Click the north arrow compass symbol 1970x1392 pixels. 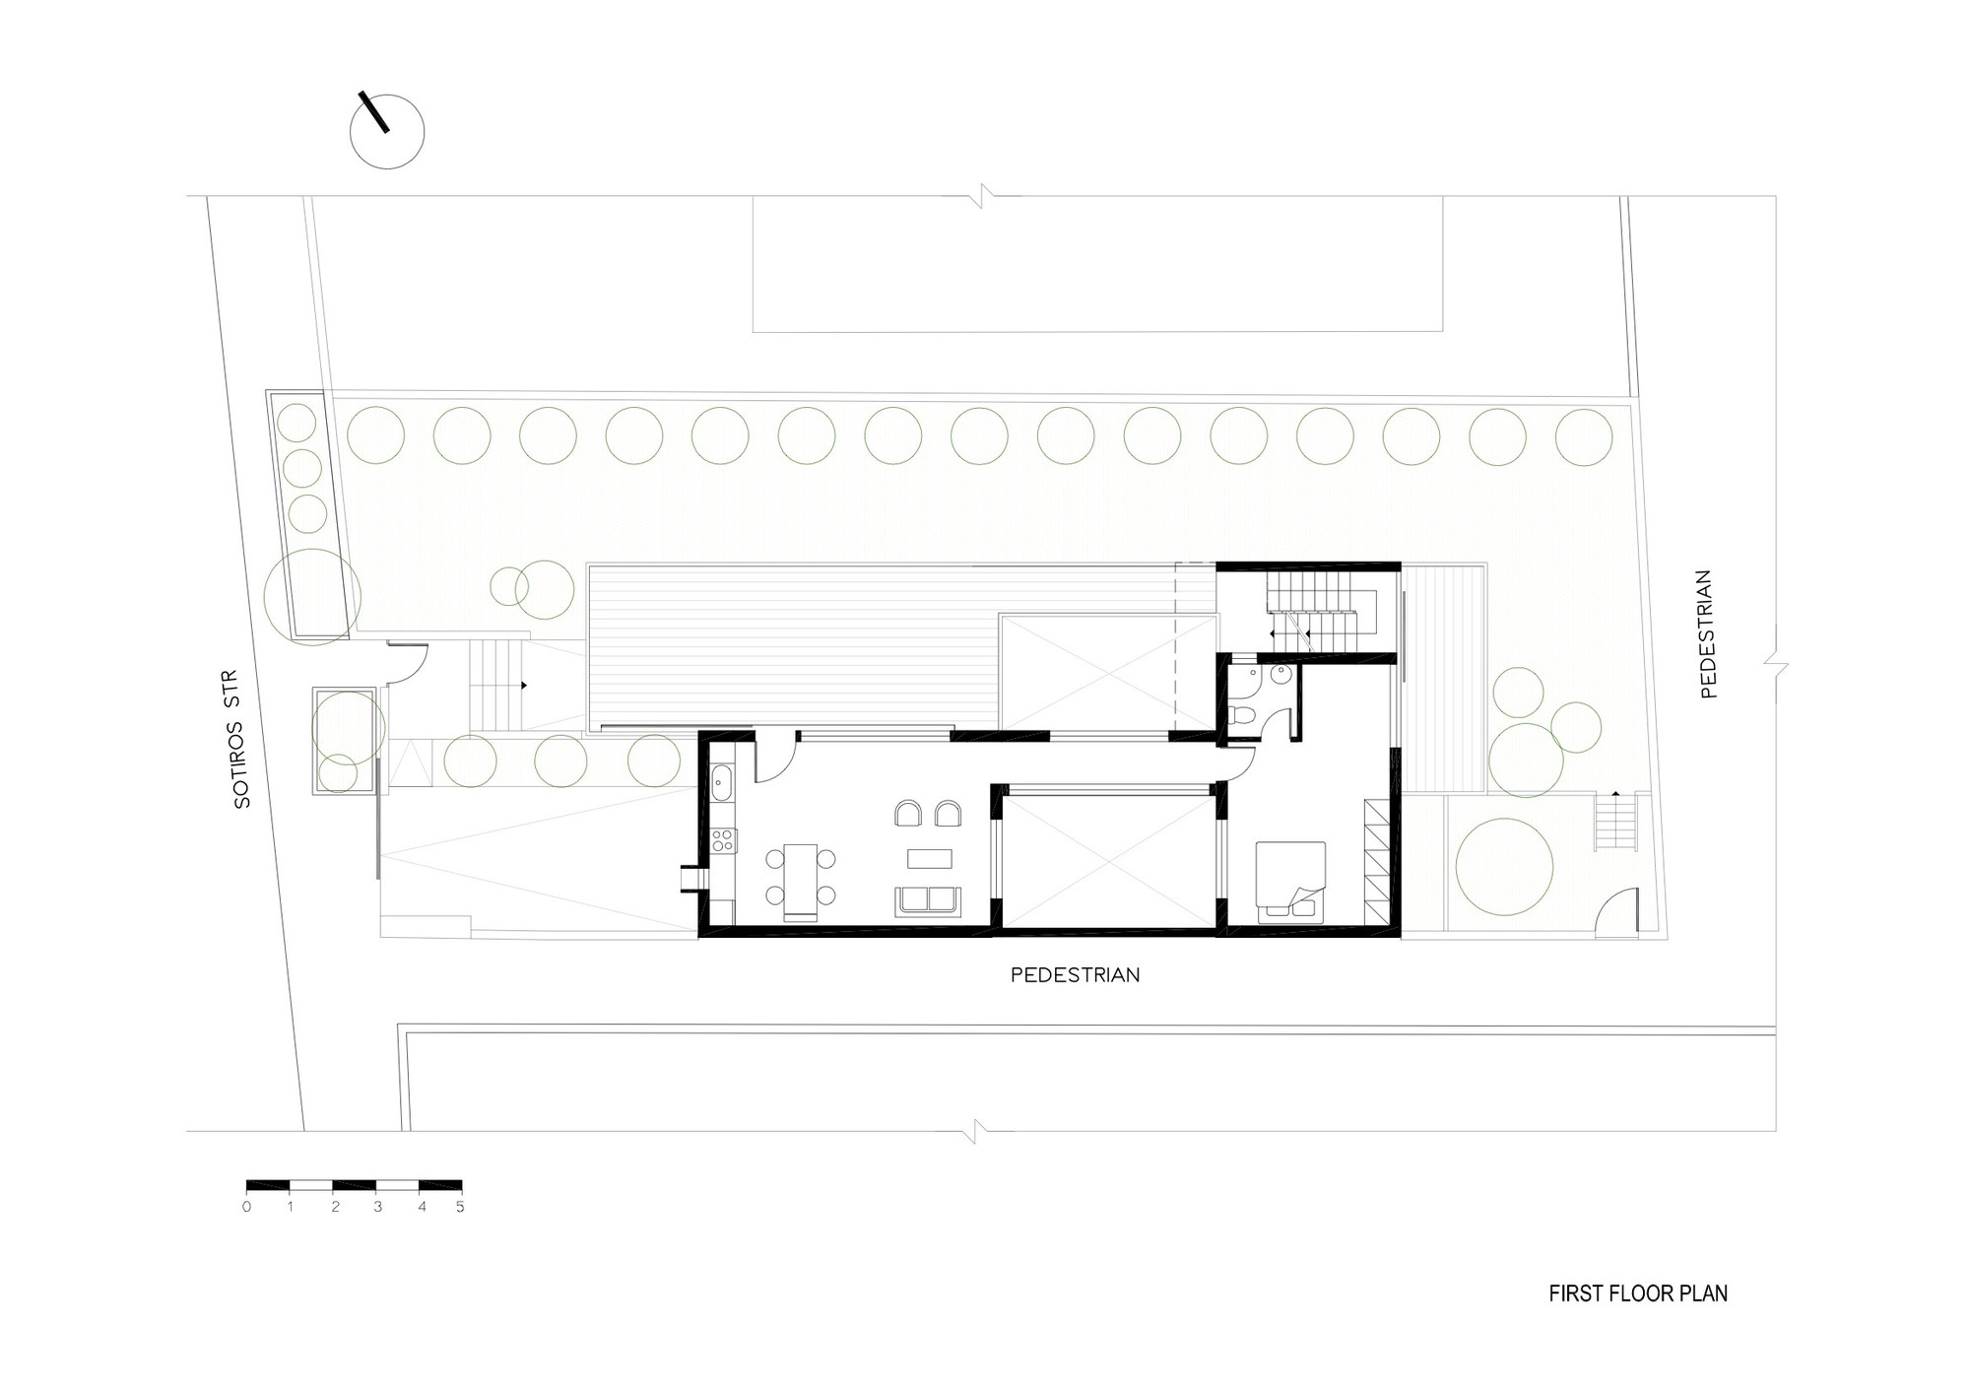[x=388, y=131]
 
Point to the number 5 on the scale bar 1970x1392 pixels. [x=460, y=1207]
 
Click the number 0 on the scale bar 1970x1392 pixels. [x=246, y=1207]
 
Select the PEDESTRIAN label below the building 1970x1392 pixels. [x=1076, y=975]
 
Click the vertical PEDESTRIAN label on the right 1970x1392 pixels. [x=1708, y=634]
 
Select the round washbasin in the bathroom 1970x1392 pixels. [x=1280, y=675]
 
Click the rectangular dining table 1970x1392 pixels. [x=801, y=880]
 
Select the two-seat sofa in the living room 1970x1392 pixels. [x=927, y=901]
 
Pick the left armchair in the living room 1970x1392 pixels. [x=907, y=814]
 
